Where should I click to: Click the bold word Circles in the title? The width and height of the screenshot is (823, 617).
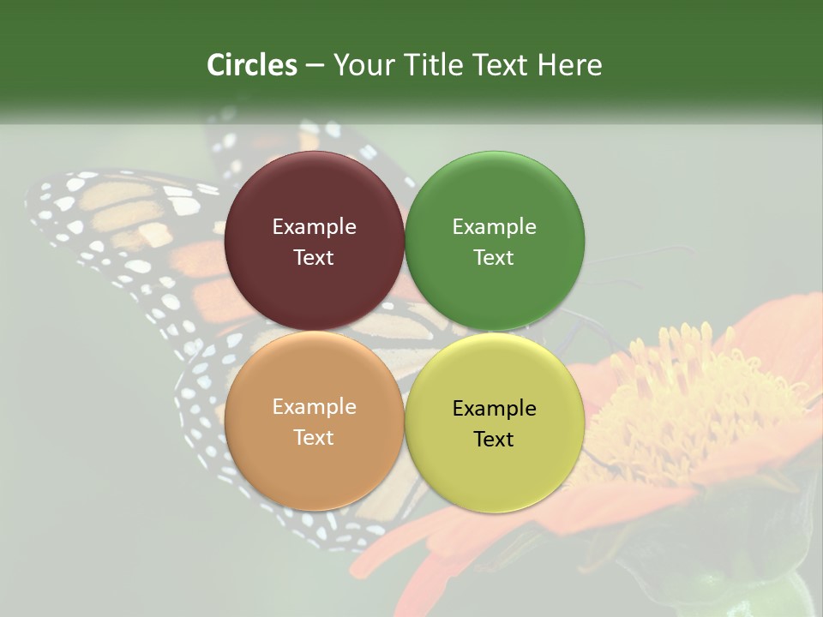(x=252, y=65)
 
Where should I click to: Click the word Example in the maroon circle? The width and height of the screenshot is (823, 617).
(x=314, y=227)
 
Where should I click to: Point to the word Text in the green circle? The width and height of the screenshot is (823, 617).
(x=494, y=258)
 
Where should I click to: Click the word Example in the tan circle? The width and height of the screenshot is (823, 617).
(x=314, y=407)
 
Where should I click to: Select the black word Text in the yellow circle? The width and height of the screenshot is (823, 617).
(x=494, y=440)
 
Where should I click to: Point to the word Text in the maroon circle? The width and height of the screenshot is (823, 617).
(x=314, y=258)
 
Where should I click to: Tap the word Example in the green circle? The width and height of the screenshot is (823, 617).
(x=494, y=227)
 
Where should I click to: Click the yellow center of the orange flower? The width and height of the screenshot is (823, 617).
(x=686, y=394)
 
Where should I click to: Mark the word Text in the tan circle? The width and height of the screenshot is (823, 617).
(x=314, y=438)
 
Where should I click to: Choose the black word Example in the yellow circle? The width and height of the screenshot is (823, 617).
(x=494, y=409)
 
